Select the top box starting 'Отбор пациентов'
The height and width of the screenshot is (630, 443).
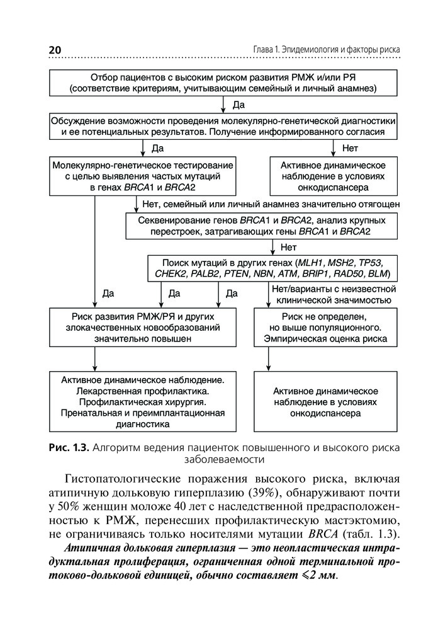tap(223, 83)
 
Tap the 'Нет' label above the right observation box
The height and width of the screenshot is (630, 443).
tap(350, 149)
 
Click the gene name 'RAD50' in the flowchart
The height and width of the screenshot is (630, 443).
tap(352, 274)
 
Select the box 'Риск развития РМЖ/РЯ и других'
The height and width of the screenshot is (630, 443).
tap(136, 327)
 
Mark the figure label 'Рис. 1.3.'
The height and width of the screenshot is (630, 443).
tap(69, 448)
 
